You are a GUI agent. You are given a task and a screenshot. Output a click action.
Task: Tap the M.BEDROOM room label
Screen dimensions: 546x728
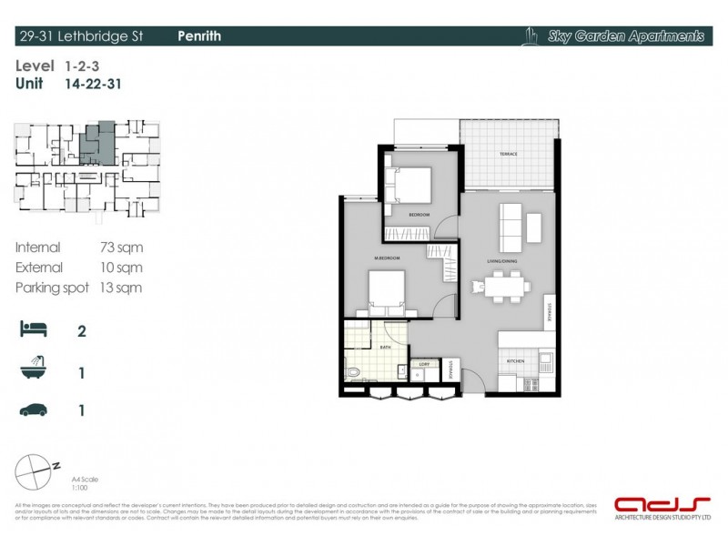point(387,259)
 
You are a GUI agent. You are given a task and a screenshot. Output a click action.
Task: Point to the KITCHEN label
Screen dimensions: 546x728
point(515,362)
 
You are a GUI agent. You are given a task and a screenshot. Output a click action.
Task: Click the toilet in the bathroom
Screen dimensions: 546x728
point(354,373)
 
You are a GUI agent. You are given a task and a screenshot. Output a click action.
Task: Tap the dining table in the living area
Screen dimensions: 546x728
point(501,287)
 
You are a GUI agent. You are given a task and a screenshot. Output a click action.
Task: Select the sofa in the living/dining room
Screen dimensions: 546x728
point(510,227)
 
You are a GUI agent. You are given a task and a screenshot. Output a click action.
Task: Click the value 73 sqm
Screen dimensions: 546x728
point(121,248)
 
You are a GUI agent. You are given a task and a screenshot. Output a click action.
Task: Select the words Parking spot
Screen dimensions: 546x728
point(52,288)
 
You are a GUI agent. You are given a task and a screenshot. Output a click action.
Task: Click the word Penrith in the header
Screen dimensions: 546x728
point(199,36)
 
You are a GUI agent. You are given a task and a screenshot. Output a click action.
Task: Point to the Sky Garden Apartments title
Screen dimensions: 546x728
point(626,36)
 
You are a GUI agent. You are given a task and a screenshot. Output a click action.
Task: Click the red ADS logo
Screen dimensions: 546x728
point(650,503)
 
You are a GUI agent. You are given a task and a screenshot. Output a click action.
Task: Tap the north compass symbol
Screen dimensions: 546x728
point(35,472)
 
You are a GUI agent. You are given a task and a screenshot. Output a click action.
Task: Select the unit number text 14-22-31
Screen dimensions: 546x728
point(94,84)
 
